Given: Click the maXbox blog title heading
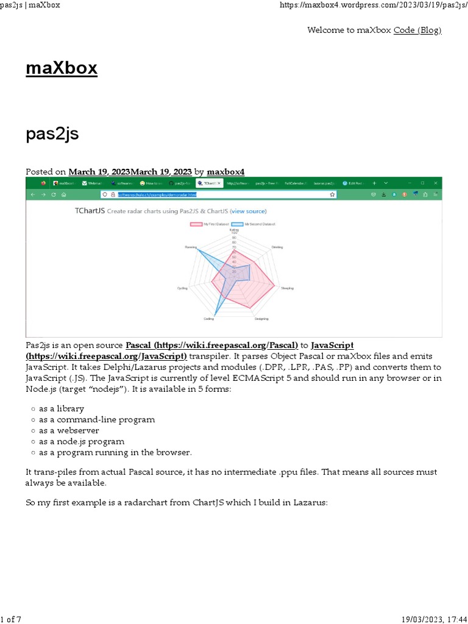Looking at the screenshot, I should tap(62, 68).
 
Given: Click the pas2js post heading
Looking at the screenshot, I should tap(52, 134).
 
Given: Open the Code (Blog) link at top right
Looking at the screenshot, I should tap(417, 30).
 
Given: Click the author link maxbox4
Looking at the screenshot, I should tap(225, 172).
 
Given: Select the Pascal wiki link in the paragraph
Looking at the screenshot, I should tap(211, 345).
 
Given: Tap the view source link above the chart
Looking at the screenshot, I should tap(248, 211).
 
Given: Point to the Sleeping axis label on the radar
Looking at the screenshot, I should tap(287, 288).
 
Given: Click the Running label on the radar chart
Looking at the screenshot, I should tap(191, 247).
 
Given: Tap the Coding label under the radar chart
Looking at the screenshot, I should tap(208, 319).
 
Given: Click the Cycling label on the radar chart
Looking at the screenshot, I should tap(182, 288).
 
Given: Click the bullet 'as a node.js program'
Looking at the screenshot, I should tap(82, 441).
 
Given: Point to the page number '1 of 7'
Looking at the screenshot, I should tap(11, 619).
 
